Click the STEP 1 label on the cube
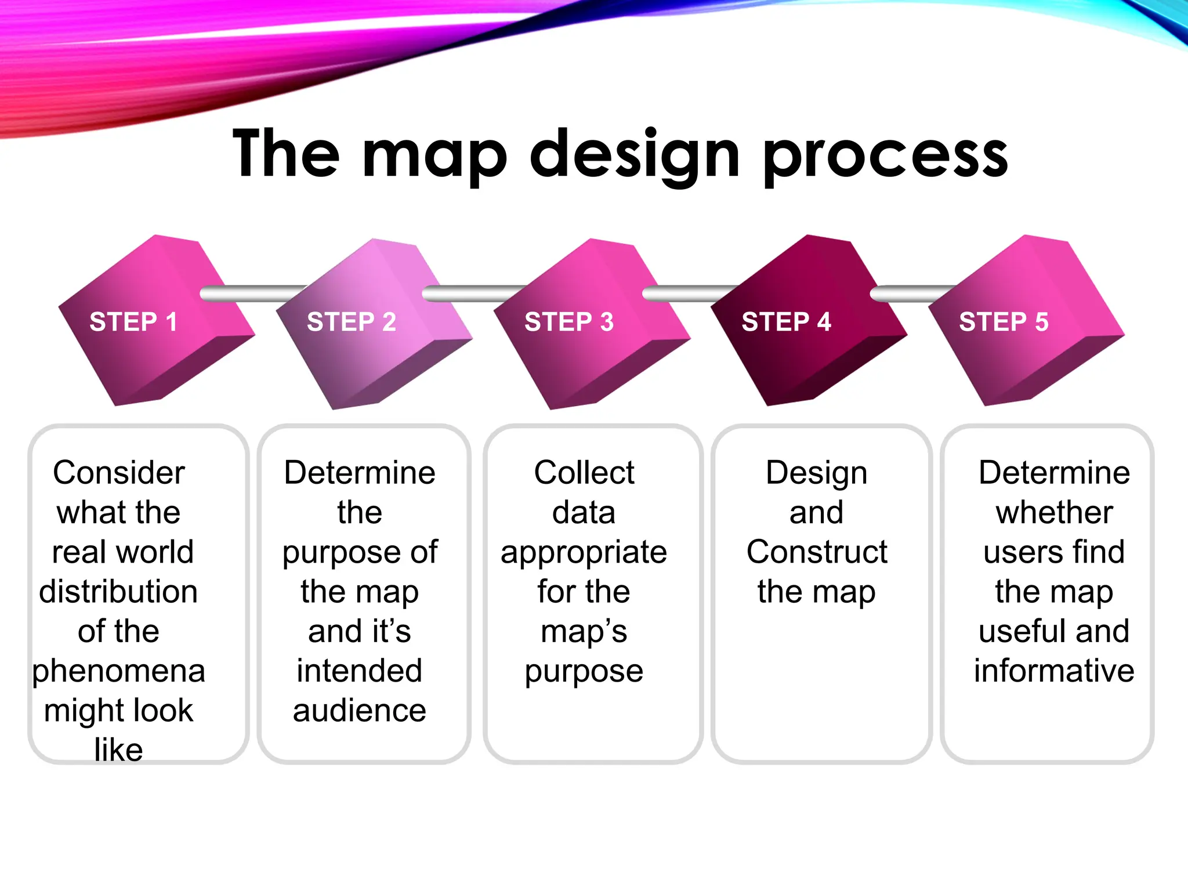(x=133, y=321)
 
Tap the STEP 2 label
(x=352, y=321)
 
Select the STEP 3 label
(x=569, y=321)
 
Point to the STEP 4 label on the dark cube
(x=787, y=321)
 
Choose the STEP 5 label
(x=1004, y=321)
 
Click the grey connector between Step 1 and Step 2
(x=252, y=294)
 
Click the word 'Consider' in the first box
(x=119, y=473)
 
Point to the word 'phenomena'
(x=119, y=671)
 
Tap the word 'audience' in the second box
(x=360, y=711)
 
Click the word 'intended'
(x=360, y=671)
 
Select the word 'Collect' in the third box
(x=584, y=473)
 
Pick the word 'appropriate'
(x=584, y=552)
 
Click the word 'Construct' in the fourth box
(x=817, y=552)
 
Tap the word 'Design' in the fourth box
(x=817, y=473)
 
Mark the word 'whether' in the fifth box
(x=1054, y=513)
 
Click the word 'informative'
(x=1054, y=671)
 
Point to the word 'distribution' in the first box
(x=119, y=592)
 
